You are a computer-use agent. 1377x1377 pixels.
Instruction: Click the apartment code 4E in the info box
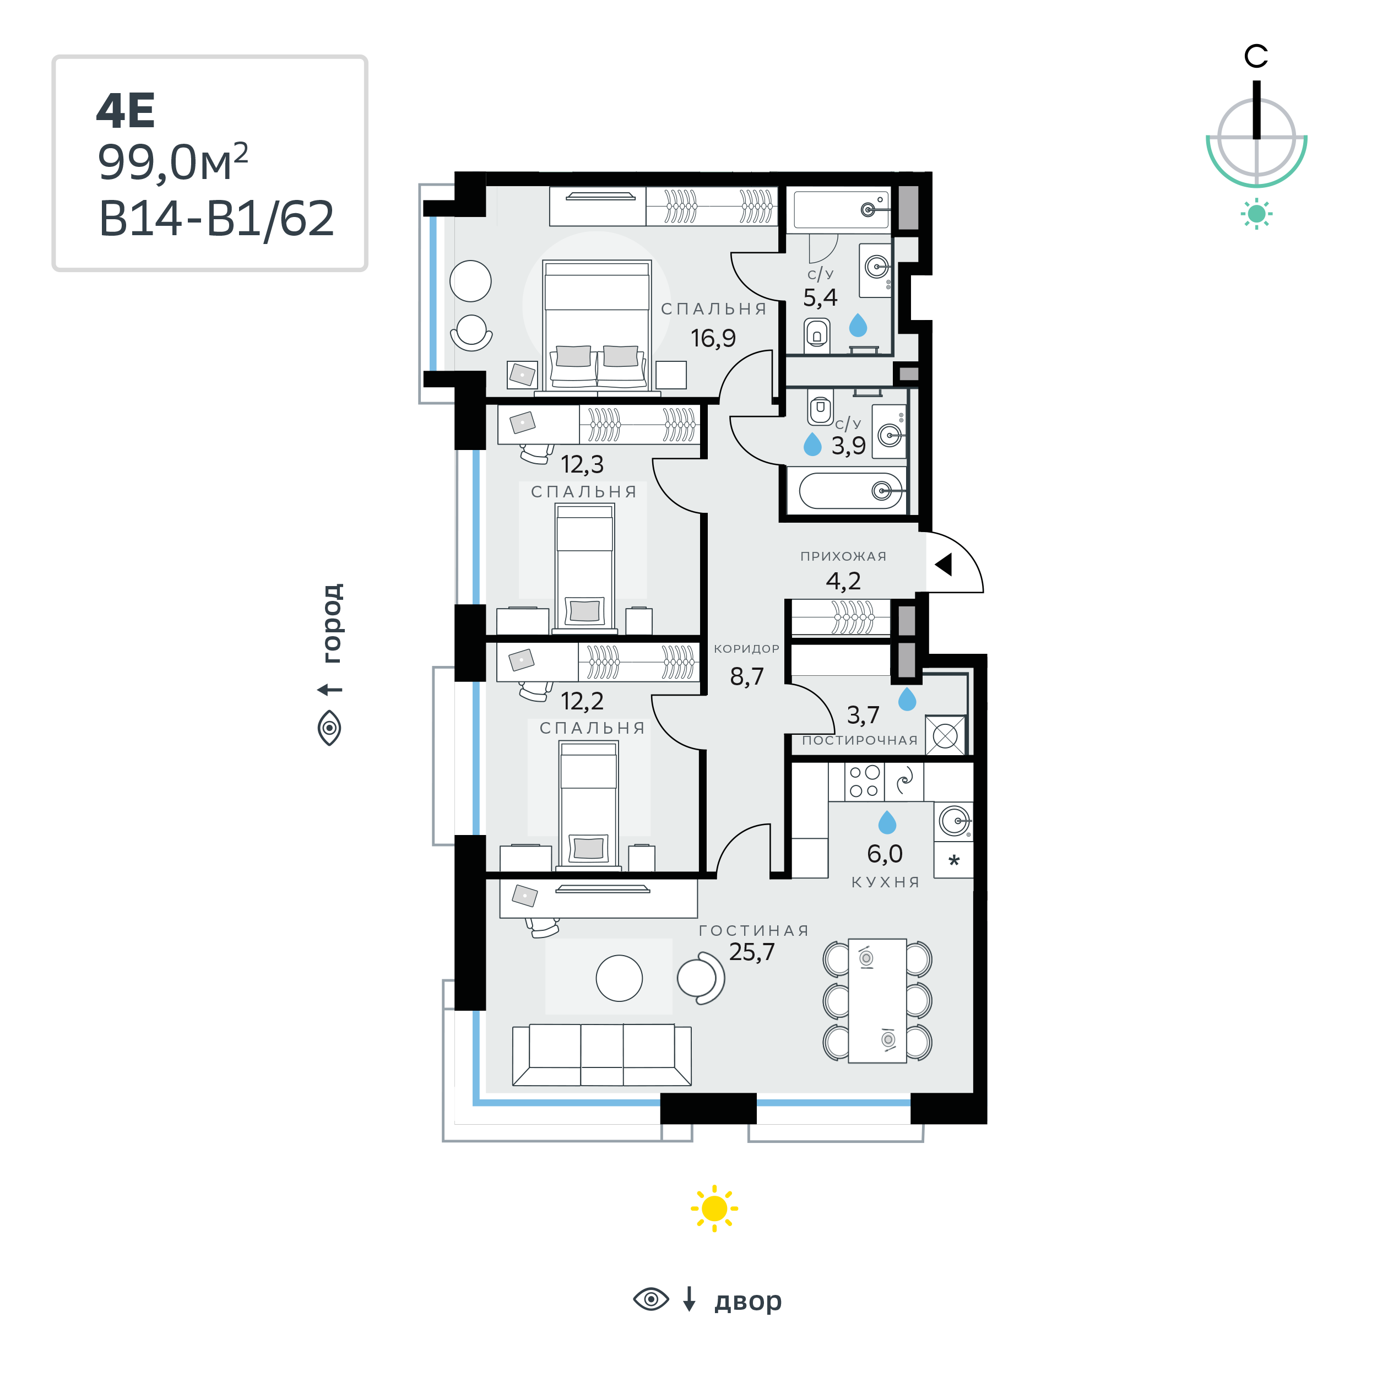click(126, 111)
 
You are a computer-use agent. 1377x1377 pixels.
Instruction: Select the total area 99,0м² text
click(172, 162)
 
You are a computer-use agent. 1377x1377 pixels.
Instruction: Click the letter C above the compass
click(1256, 56)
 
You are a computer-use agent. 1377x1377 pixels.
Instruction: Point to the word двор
click(747, 1302)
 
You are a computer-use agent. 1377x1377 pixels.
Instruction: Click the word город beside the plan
click(332, 623)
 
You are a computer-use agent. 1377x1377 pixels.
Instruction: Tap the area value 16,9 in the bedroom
click(713, 338)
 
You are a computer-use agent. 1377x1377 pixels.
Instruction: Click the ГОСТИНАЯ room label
click(754, 931)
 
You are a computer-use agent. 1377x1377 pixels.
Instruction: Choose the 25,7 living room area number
click(751, 952)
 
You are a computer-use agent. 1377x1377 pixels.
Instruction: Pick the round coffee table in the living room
click(619, 978)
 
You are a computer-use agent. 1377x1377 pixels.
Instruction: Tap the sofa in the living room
click(601, 1055)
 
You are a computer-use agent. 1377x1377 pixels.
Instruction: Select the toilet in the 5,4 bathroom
click(817, 335)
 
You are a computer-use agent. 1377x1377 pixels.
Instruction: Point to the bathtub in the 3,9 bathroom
click(851, 490)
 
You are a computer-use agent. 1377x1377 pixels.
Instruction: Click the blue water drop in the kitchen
click(887, 822)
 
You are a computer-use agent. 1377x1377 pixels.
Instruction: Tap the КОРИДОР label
click(746, 649)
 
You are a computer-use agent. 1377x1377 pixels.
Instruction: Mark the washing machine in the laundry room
click(945, 735)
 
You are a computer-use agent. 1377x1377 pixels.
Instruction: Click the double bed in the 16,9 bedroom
click(597, 325)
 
